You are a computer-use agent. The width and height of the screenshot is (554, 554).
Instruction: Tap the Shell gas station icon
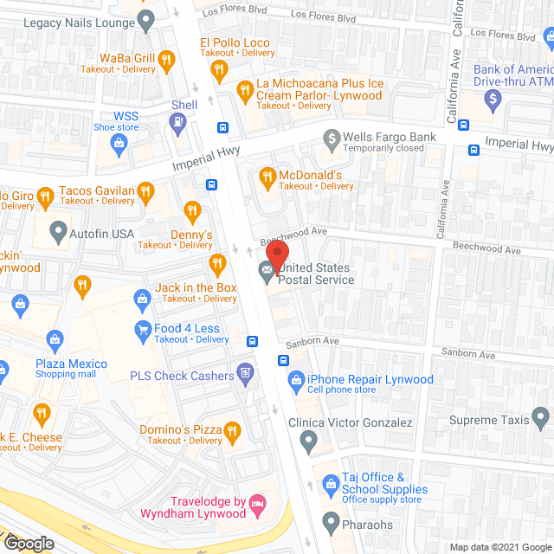178,123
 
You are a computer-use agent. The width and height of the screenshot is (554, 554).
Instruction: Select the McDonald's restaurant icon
267,177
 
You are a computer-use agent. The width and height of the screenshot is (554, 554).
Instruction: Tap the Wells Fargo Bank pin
331,138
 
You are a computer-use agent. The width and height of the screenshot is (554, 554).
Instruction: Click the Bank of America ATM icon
493,100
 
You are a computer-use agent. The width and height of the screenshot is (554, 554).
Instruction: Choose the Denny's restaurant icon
192,210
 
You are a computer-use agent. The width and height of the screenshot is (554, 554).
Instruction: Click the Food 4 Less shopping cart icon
142,329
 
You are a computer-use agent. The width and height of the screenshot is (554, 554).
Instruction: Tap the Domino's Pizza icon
231,430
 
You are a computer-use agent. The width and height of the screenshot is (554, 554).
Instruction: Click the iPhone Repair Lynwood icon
296,379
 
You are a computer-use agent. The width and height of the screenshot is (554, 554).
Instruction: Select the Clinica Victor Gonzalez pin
308,441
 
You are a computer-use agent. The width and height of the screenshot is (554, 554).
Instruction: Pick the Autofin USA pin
58,232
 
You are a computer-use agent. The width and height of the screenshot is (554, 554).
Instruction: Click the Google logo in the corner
28,544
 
